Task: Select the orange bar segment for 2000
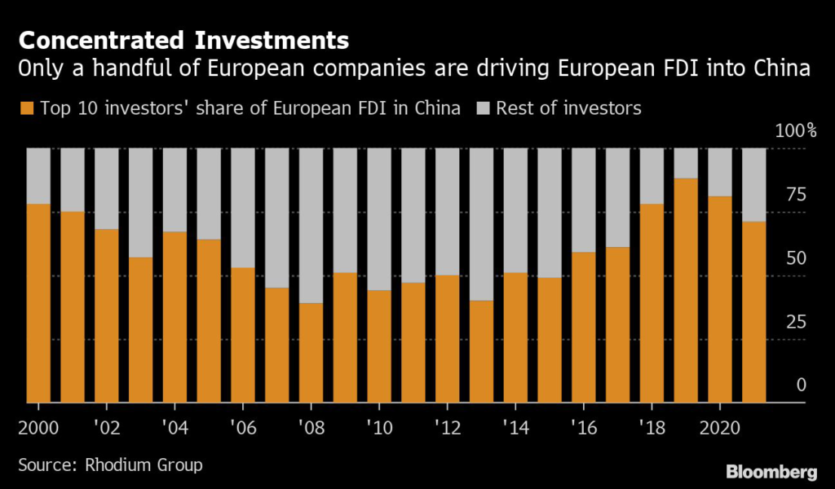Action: pyautogui.click(x=38, y=303)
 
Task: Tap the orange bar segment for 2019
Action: pyautogui.click(x=686, y=290)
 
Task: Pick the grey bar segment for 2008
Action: pyautogui.click(x=311, y=226)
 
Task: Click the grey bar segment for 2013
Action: pyautogui.click(x=481, y=224)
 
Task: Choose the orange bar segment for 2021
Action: pyautogui.click(x=753, y=312)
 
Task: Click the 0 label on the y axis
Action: pyautogui.click(x=801, y=385)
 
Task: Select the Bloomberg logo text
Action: pyautogui.click(x=771, y=471)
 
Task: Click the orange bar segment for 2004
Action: pyautogui.click(x=175, y=317)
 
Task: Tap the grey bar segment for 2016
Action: pyautogui.click(x=583, y=200)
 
